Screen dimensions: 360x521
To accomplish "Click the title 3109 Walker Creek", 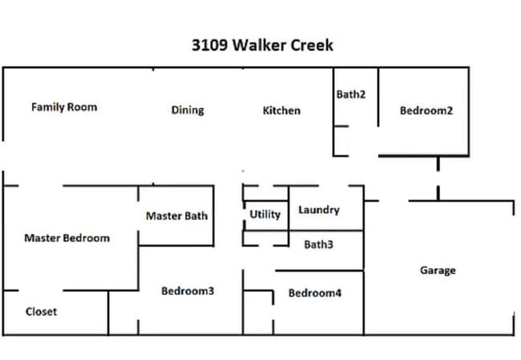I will [262, 45].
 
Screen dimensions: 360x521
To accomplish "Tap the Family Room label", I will [64, 107].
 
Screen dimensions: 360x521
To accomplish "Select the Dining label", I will [188, 110].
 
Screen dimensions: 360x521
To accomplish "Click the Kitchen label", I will [281, 110].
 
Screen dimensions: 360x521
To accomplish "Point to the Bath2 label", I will [351, 95].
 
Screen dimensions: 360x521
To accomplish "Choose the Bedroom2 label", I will [426, 111].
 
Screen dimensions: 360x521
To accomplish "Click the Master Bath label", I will [176, 216].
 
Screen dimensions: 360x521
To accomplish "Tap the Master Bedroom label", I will [67, 238].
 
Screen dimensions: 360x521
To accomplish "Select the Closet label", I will [41, 312].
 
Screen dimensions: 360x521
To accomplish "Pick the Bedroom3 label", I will [188, 291].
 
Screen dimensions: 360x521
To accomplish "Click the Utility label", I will [265, 214].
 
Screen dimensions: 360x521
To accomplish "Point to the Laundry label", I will [319, 210].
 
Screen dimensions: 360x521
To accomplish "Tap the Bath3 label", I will [318, 245].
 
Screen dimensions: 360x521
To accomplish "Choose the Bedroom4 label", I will [315, 293].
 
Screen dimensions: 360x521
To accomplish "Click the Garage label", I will [438, 270].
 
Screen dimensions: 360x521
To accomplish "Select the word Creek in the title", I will [311, 45].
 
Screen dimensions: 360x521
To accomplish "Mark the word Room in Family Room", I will [83, 107].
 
